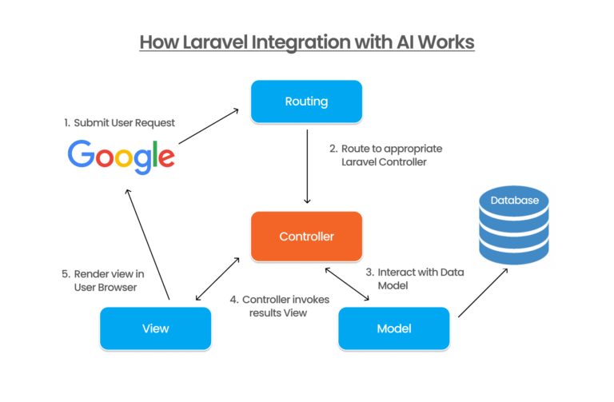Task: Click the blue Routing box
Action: coord(307,101)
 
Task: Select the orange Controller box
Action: coord(307,237)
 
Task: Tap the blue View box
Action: coord(155,328)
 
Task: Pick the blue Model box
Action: coord(393,328)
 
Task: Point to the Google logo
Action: coord(121,155)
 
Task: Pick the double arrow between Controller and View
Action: coord(217,280)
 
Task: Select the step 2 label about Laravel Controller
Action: coord(385,155)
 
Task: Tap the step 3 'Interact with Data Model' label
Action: coord(414,278)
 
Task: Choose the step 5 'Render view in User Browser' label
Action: coord(104,280)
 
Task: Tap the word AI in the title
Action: coord(398,42)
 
